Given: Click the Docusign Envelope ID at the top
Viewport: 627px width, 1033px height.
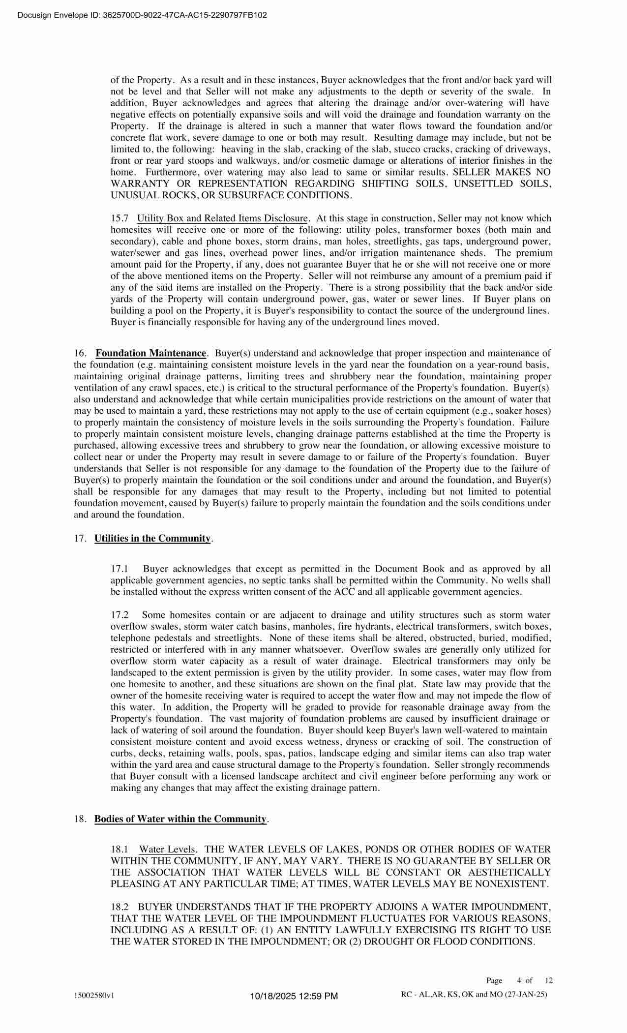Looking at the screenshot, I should tap(142, 15).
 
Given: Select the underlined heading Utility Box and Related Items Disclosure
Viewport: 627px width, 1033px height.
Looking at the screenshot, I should tap(222, 218).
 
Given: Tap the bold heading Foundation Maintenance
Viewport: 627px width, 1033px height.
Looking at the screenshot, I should tap(150, 353).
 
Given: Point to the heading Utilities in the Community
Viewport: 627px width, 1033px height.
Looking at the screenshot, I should tap(152, 538).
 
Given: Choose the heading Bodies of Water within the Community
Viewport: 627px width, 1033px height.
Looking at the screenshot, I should tap(180, 819).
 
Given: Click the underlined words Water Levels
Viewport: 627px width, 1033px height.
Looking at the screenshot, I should tap(168, 850).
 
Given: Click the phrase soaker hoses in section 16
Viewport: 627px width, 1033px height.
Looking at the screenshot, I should tap(528, 411).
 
